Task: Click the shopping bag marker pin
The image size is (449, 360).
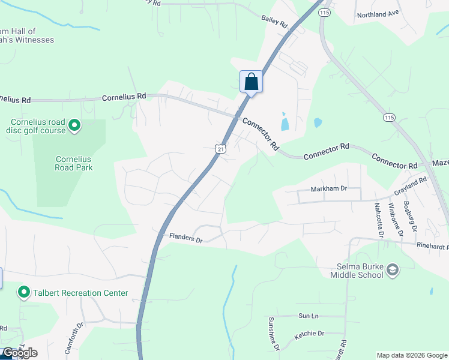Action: (251, 82)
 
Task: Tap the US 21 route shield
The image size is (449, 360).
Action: (221, 149)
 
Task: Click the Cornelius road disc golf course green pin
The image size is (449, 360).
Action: (74, 125)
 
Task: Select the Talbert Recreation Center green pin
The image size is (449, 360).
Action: (24, 293)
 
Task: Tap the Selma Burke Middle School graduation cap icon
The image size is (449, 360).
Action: (393, 270)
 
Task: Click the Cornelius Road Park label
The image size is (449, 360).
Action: (74, 164)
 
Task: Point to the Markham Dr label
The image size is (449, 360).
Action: (329, 189)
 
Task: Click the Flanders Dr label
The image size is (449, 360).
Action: (186, 238)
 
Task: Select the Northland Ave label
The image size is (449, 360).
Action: (378, 14)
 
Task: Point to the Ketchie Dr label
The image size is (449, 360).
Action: (309, 334)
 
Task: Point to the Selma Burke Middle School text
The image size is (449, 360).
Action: (357, 271)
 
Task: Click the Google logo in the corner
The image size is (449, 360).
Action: (20, 353)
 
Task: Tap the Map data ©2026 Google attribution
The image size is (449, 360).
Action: (412, 355)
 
